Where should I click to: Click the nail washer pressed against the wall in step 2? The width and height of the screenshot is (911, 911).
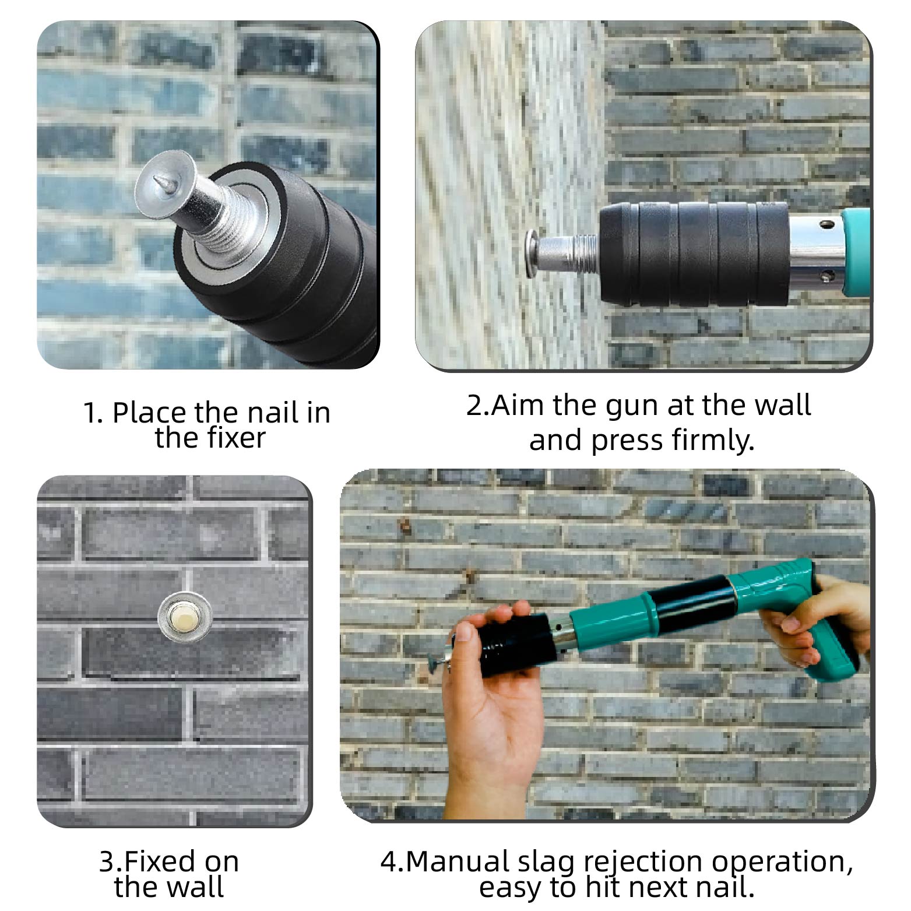[x=530, y=252]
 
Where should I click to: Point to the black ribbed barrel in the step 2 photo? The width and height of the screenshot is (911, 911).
[x=694, y=254]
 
